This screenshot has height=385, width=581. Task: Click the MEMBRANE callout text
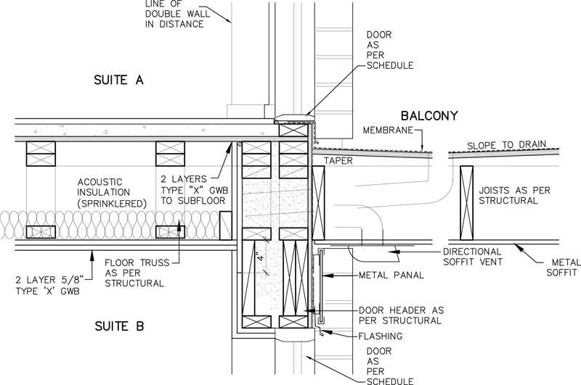point(387,131)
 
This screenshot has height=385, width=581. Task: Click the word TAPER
point(338,161)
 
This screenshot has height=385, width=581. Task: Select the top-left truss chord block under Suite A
point(41,154)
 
